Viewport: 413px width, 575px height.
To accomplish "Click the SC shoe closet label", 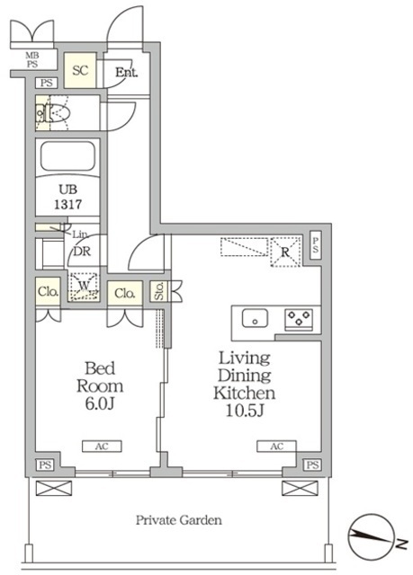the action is point(80,70).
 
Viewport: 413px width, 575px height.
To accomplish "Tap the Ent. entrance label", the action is point(127,72).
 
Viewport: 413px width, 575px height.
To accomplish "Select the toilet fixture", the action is point(53,112).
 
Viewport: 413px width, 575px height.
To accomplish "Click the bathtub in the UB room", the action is point(67,155).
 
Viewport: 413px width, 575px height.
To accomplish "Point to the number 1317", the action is point(67,204).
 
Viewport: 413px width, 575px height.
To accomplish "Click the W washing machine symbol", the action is point(84,287).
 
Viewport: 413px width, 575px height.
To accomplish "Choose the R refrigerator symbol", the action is point(285,252).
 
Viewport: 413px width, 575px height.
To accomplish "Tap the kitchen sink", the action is point(255,318).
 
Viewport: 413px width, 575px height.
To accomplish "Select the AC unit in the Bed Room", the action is point(102,447).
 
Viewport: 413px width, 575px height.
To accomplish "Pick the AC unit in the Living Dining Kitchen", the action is point(277,447).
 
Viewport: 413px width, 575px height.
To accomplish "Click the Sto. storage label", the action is point(159,291).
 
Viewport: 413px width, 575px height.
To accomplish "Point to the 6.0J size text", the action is point(100,403).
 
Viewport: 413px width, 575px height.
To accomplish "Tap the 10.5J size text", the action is point(245,411).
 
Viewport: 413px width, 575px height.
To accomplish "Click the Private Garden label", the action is point(179,520).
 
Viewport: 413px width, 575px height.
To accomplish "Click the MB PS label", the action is point(32,60).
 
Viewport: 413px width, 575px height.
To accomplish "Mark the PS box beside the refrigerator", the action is point(315,244).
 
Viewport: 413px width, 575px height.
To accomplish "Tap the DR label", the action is point(82,252).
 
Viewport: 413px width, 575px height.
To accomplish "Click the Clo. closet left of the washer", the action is point(48,292).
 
